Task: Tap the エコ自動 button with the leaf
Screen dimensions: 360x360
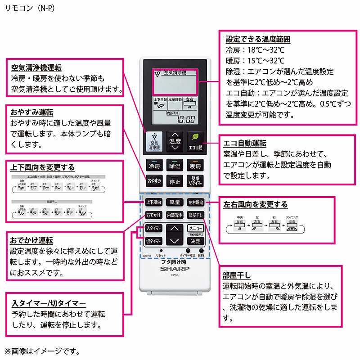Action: coord(195,141)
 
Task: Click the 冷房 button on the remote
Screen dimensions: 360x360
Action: coord(154,166)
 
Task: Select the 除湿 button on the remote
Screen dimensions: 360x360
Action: coord(175,166)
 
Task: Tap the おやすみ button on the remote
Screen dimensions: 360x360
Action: coord(154,181)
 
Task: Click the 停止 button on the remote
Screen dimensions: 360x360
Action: coord(175,181)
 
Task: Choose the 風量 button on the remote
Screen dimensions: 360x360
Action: coord(175,203)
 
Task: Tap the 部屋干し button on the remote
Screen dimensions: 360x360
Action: coord(195,215)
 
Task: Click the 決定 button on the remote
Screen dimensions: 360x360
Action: coord(195,241)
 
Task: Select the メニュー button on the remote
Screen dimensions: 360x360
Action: coord(195,228)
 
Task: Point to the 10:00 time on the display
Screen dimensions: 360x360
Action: coord(186,120)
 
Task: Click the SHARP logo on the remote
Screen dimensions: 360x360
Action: coord(175,269)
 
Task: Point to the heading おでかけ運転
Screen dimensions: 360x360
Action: coord(32,241)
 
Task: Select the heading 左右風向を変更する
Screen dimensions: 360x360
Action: coord(255,204)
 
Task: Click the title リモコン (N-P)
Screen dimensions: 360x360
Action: coord(30,8)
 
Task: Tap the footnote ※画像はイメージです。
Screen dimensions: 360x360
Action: coord(43,350)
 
